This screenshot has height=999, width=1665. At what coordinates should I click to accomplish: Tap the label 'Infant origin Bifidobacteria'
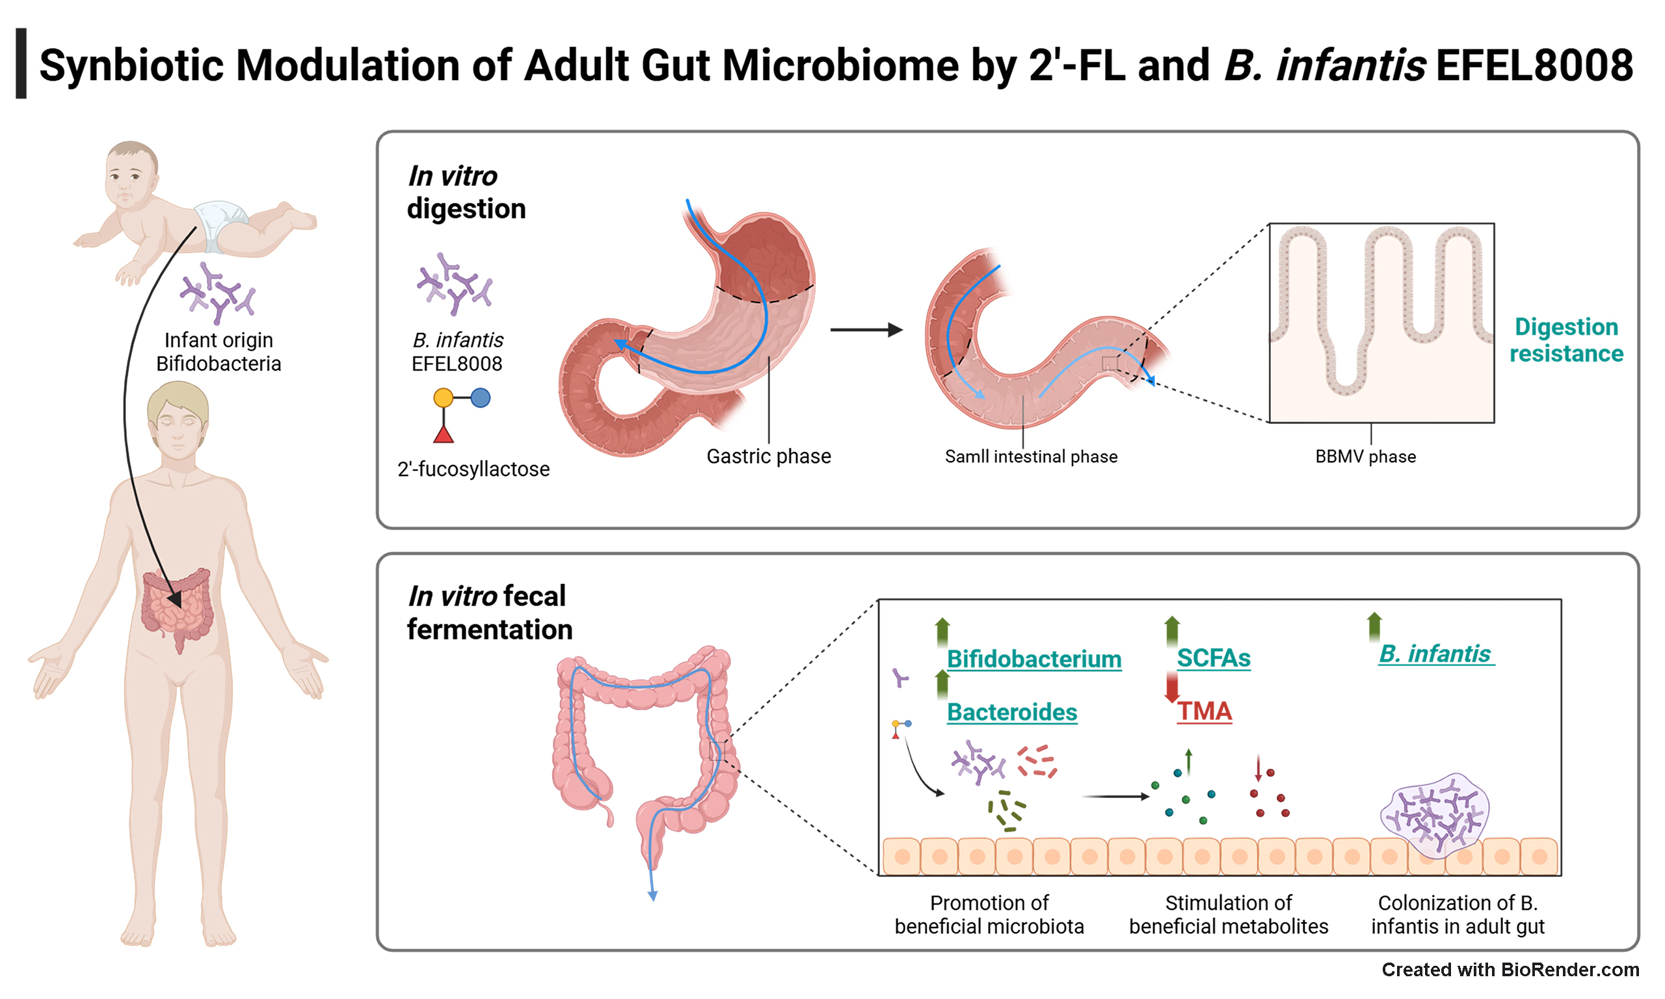click(x=219, y=351)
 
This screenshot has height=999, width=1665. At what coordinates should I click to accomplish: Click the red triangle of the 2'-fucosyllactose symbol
click(x=443, y=434)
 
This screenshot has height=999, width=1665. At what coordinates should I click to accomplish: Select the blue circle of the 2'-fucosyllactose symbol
click(x=480, y=398)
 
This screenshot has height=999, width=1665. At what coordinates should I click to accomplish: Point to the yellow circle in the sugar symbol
click(x=443, y=398)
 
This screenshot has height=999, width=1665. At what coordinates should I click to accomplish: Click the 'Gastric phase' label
click(x=769, y=457)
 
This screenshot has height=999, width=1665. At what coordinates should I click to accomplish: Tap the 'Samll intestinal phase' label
click(x=1031, y=457)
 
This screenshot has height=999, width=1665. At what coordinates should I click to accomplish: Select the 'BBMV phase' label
click(x=1366, y=457)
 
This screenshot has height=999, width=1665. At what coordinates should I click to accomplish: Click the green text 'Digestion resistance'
click(x=1566, y=340)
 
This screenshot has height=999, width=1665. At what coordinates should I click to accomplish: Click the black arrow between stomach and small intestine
click(x=866, y=330)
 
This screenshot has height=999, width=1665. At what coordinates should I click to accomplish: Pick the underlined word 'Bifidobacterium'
click(x=1033, y=658)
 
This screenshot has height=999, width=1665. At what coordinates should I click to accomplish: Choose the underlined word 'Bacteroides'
click(x=1011, y=712)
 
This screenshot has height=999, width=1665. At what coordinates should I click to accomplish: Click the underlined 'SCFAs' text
click(x=1214, y=658)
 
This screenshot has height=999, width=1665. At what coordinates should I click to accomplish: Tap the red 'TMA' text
click(x=1204, y=711)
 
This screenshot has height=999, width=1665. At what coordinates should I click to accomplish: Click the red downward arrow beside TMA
click(x=1172, y=687)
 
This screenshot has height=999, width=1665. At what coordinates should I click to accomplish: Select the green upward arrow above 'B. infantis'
click(x=1374, y=627)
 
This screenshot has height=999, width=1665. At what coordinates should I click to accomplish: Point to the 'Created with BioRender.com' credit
click(x=1510, y=969)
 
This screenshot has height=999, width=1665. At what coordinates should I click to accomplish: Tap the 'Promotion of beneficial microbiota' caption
click(x=989, y=914)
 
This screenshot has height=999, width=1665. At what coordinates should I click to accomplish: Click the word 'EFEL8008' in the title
click(x=1534, y=65)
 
